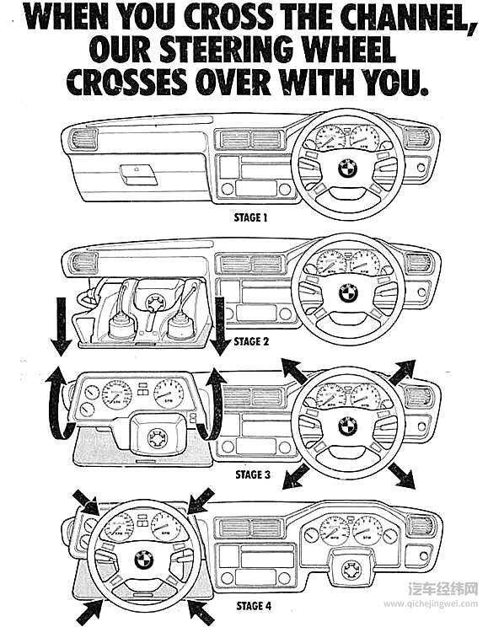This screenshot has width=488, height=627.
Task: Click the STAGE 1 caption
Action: (x=250, y=218)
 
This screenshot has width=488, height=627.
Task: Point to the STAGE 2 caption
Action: (x=251, y=341)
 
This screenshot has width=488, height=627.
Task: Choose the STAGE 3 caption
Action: (x=253, y=474)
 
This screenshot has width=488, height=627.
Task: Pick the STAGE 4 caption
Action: (x=254, y=606)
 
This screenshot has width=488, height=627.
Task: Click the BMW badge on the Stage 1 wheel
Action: (x=347, y=169)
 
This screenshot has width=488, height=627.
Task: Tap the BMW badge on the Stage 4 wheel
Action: (x=144, y=559)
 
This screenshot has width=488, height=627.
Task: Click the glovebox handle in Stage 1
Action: (x=138, y=174)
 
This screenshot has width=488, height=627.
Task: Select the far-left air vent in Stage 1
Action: (x=84, y=140)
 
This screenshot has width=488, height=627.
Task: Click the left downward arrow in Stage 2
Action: (x=61, y=326)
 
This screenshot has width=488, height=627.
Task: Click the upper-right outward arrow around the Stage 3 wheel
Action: (x=402, y=372)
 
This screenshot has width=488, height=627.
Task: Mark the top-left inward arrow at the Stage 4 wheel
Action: (x=87, y=502)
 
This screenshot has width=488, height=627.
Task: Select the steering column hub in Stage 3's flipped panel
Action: (x=158, y=439)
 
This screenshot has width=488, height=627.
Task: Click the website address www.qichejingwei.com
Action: (x=431, y=603)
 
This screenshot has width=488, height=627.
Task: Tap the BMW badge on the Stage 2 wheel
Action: (x=348, y=292)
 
